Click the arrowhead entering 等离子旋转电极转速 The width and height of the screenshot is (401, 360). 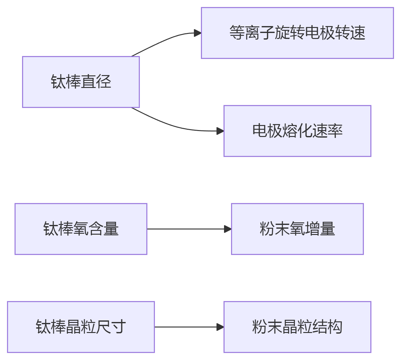click(197, 33)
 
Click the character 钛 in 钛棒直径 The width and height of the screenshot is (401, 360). click(58, 82)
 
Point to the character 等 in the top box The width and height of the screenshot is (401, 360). click(237, 33)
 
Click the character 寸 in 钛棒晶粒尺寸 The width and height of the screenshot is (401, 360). click(118, 327)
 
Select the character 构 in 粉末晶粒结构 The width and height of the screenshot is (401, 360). click(335, 327)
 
